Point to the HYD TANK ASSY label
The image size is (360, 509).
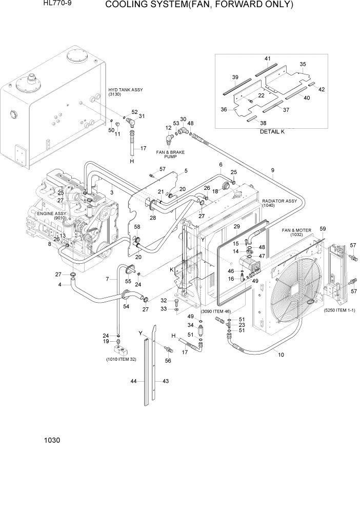pos(125,92)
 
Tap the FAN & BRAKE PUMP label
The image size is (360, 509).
pos(170,154)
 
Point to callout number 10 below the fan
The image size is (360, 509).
pos(281,354)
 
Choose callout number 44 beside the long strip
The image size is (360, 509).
pos(133,381)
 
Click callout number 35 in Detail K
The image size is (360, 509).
pos(303,65)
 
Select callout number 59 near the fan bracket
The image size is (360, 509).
pos(323,229)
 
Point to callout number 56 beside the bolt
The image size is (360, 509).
pos(167,360)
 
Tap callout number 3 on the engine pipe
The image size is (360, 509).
pos(111,192)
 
